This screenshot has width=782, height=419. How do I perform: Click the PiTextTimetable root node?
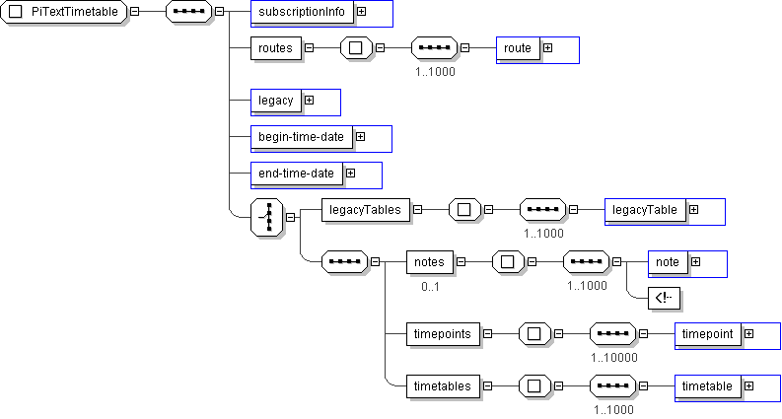pyautogui.click(x=64, y=13)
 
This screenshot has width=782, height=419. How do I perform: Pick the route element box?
pyautogui.click(x=518, y=48)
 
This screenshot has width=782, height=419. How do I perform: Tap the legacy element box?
pyautogui.click(x=276, y=101)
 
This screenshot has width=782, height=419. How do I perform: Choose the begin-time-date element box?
pyautogui.click(x=301, y=137)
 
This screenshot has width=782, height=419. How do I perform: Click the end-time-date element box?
pyautogui.click(x=296, y=174)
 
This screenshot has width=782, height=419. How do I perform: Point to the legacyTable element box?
pyautogui.click(x=645, y=210)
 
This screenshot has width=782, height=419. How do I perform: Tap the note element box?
pyautogui.click(x=668, y=262)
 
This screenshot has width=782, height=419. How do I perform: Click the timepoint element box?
pyautogui.click(x=707, y=334)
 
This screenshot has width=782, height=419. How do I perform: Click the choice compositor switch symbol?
pyautogui.click(x=266, y=217)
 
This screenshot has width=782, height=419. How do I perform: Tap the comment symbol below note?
pyautogui.click(x=666, y=298)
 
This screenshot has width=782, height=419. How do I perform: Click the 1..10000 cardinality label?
pyautogui.click(x=614, y=358)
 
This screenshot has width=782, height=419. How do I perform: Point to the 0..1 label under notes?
pyautogui.click(x=430, y=286)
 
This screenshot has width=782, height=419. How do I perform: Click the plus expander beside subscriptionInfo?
pyautogui.click(x=362, y=13)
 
